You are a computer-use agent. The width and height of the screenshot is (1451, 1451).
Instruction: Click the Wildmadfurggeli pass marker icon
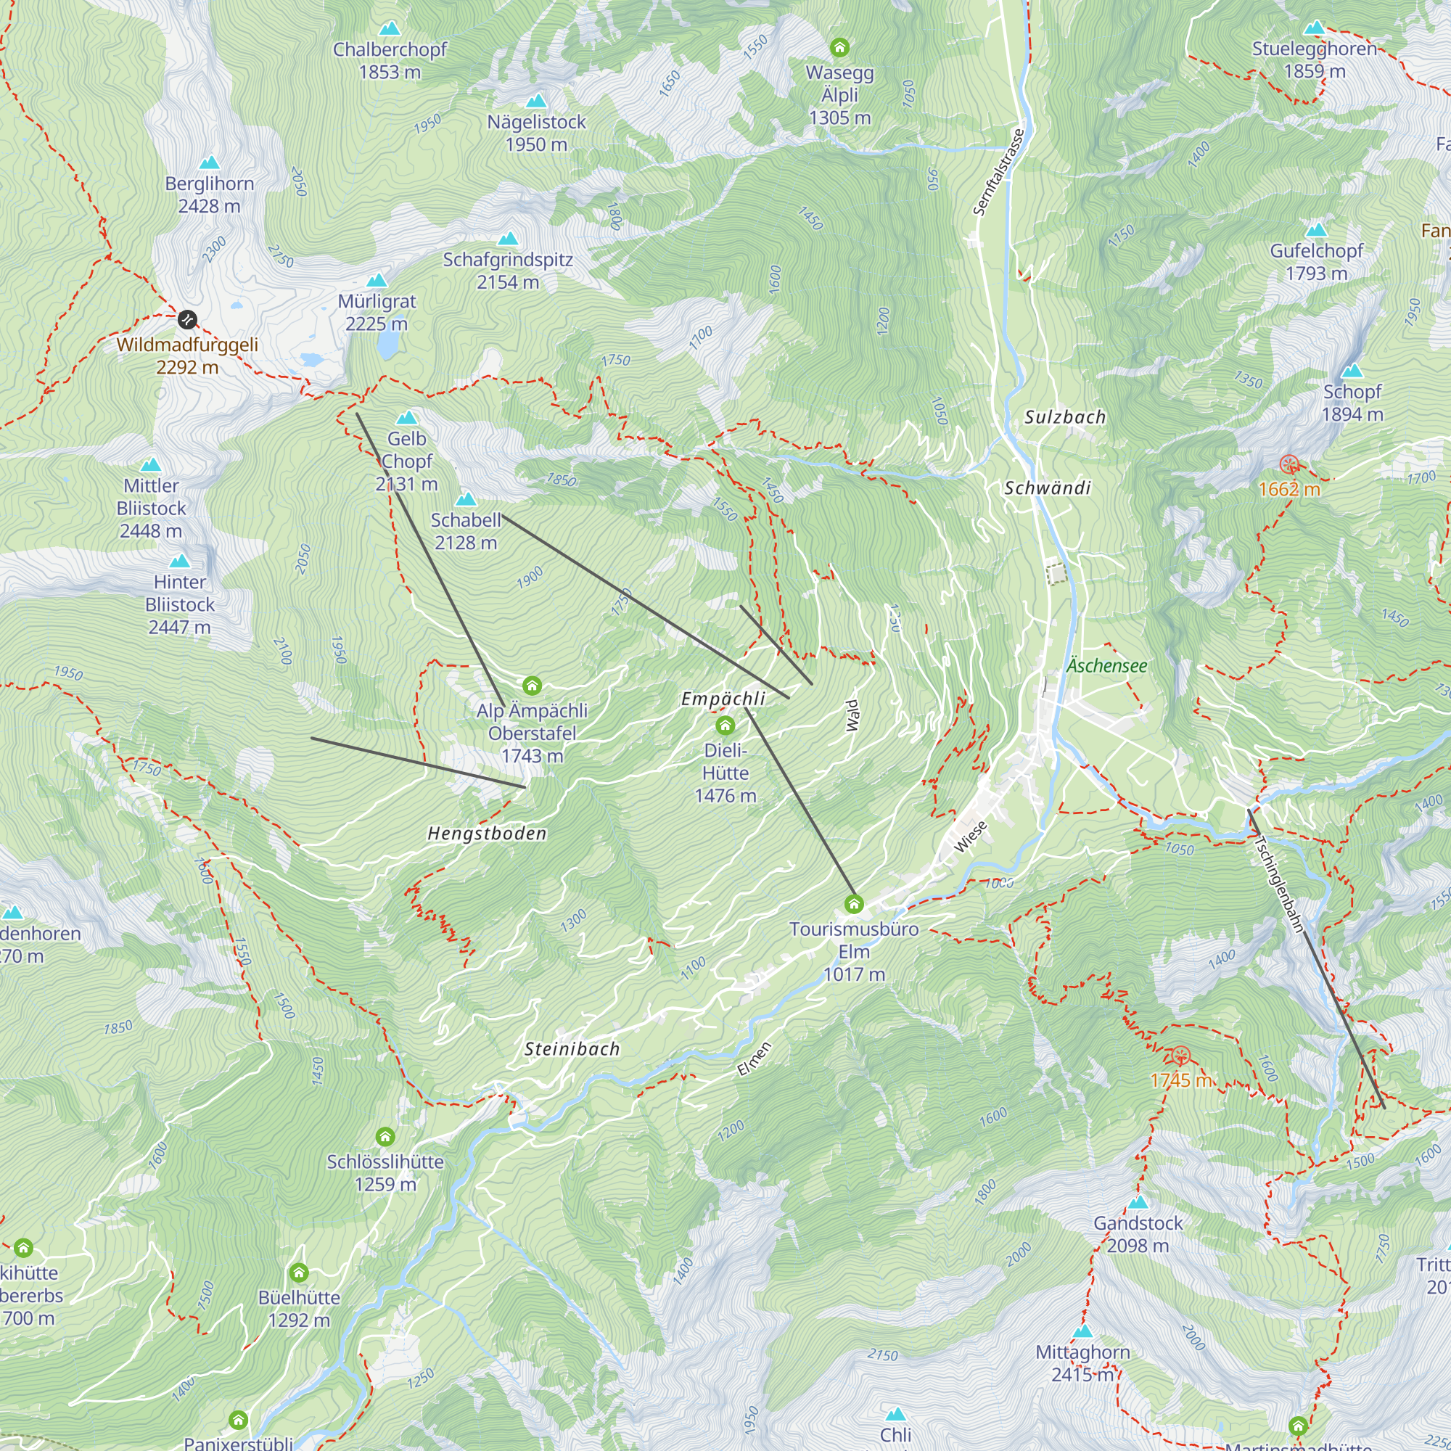(187, 320)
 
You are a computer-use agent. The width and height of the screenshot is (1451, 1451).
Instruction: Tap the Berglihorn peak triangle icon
(210, 163)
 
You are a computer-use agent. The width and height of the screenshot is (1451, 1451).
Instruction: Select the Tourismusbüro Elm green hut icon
(854, 903)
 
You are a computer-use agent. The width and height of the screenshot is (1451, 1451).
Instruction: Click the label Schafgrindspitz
(508, 260)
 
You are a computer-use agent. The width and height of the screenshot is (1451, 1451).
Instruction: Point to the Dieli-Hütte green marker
(725, 725)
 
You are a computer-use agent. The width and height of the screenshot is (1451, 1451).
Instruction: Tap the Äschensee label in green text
(1107, 665)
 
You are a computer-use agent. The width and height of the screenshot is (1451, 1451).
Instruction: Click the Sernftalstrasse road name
(998, 173)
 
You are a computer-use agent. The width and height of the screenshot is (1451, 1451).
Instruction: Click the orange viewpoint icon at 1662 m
(1289, 464)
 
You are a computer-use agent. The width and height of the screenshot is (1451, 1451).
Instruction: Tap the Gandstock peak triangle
(1138, 1202)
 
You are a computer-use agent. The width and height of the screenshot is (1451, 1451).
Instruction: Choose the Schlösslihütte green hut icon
(385, 1136)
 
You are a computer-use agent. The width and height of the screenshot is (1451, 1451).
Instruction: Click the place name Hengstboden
(487, 834)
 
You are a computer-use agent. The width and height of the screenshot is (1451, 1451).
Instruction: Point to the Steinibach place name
(572, 1049)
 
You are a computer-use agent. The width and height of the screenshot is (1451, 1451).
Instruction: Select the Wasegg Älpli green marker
(839, 48)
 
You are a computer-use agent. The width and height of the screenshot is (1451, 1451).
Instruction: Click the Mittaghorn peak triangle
(1082, 1331)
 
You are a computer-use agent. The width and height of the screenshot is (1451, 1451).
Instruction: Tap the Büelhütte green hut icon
(299, 1273)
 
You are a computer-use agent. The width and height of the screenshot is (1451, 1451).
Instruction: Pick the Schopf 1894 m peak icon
(1352, 371)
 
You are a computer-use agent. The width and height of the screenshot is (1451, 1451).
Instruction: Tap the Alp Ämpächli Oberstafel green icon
(532, 685)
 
